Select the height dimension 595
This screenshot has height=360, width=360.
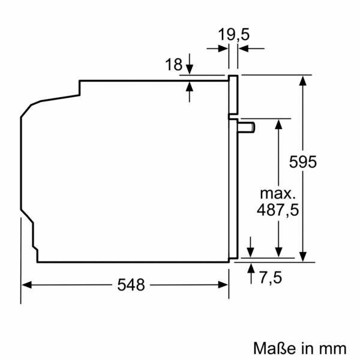(302, 162)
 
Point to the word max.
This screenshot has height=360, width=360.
(278, 193)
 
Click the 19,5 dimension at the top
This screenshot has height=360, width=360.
(233, 35)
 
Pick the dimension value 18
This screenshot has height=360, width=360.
(173, 65)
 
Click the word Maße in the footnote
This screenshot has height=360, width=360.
(271, 347)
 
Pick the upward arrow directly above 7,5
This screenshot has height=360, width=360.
(250, 266)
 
